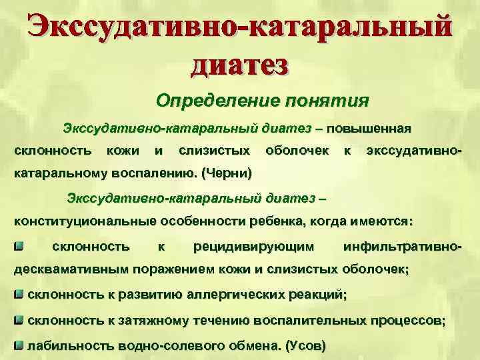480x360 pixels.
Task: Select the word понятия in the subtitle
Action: tap(326, 101)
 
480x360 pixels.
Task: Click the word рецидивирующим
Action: tap(253, 247)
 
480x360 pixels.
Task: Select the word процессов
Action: tap(406, 320)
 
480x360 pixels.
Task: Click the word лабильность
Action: tap(71, 346)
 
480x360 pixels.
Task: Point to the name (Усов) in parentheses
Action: tap(305, 346)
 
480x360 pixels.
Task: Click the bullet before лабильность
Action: tap(19, 345)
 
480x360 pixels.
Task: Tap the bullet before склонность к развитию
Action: tap(19, 293)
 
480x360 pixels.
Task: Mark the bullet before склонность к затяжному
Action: tap(19, 319)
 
